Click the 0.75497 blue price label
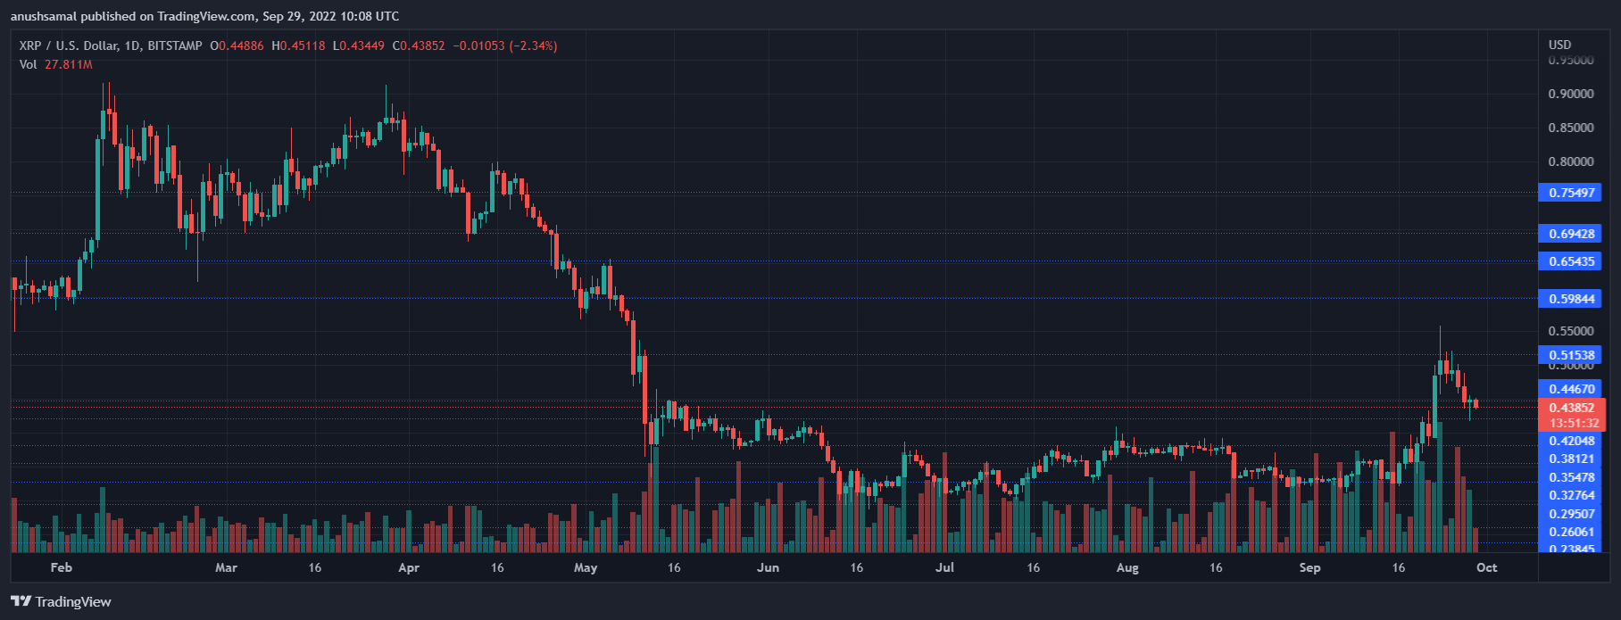pos(1571,193)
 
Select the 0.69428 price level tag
pos(1571,234)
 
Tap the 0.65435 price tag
pos(1571,261)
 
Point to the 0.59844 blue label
pos(1571,299)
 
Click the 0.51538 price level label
pos(1571,355)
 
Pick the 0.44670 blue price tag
pos(1571,389)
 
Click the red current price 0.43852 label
pos(1571,408)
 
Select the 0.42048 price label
pos(1571,441)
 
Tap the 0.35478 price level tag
pos(1571,477)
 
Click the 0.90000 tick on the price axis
pos(1570,95)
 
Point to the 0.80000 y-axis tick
pos(1570,162)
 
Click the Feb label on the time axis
pos(62,567)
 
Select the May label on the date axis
pos(586,567)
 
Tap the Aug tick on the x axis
pos(1127,567)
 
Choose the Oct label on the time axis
pos(1486,567)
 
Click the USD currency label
pos(1559,45)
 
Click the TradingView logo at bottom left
pos(62,602)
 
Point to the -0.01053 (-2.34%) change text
pos(504,45)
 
